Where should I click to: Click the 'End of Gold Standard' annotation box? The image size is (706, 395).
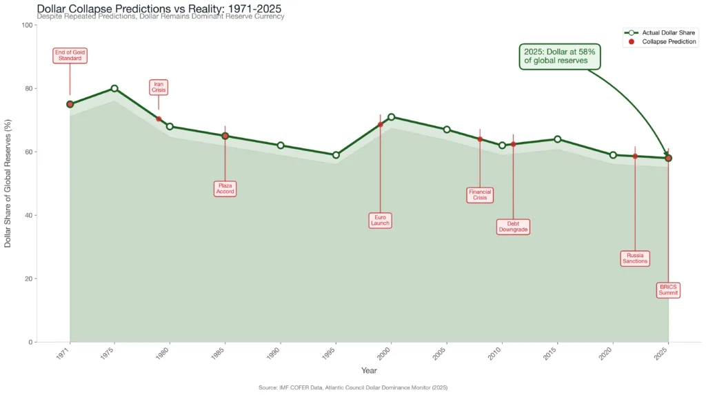point(70,56)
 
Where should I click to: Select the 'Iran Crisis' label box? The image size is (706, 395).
point(159,88)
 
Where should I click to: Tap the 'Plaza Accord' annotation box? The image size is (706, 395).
point(225,188)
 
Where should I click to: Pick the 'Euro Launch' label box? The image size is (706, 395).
point(380,220)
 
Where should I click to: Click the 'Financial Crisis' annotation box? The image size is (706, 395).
point(480,194)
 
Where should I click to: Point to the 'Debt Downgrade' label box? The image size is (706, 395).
point(513,226)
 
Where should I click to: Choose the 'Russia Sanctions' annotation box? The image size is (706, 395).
point(635,259)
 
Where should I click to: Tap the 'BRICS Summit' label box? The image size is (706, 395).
point(668,290)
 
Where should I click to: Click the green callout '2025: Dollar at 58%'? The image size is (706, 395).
point(559,57)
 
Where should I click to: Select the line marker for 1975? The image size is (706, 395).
point(114,88)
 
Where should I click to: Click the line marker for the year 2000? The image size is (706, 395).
point(392,117)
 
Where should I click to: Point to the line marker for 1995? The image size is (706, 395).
point(336,155)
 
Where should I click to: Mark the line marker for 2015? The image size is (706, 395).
point(558,139)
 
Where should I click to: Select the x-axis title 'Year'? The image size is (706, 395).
point(369,371)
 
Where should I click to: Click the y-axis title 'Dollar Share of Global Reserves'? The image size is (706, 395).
point(8,183)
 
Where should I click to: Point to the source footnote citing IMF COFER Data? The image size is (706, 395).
point(353,388)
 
